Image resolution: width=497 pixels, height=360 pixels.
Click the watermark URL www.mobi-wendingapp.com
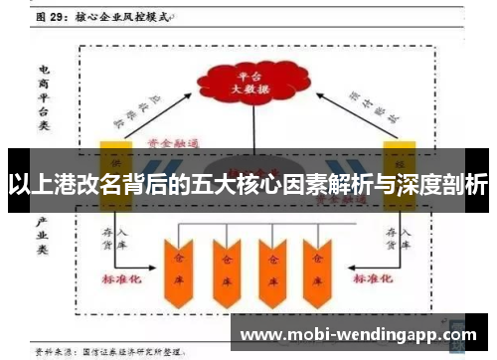[x=359, y=334]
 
